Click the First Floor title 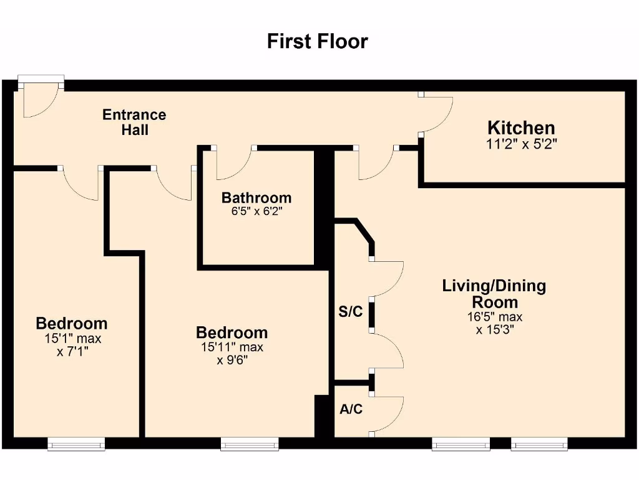tap(318, 41)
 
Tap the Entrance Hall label tap(135, 122)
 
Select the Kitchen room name tap(521, 128)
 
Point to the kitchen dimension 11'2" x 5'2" tap(521, 144)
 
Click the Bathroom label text tap(256, 198)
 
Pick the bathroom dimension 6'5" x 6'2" tap(256, 211)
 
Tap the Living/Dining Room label tap(494, 294)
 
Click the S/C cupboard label tap(350, 312)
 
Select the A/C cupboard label tap(351, 410)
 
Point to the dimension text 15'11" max tap(232, 347)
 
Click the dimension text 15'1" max tap(72, 339)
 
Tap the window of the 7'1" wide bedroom tap(76, 444)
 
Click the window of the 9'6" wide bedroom tap(250, 444)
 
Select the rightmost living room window tap(539, 444)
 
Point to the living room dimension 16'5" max tap(495, 317)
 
